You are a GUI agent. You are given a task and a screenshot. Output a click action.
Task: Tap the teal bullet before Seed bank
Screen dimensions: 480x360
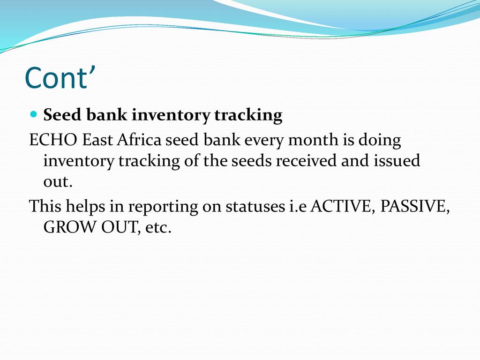pyautogui.click(x=34, y=114)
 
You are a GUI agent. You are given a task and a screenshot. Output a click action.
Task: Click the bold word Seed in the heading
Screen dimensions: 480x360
pyautogui.click(x=62, y=115)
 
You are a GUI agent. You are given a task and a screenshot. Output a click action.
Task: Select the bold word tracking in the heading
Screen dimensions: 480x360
pyautogui.click(x=248, y=115)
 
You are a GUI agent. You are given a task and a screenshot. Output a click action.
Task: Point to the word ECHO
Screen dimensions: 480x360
pyautogui.click(x=53, y=140)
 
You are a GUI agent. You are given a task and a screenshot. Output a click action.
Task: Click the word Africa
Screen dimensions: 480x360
pyautogui.click(x=139, y=140)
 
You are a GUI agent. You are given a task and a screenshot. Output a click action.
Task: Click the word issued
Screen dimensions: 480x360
pyautogui.click(x=397, y=160)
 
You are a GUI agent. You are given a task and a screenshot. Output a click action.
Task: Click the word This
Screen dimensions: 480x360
pyautogui.click(x=45, y=206)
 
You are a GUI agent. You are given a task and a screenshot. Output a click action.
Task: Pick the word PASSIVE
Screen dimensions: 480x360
pyautogui.click(x=415, y=206)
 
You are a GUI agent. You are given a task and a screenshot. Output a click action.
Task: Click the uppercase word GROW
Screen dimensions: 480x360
pyautogui.click(x=70, y=227)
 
